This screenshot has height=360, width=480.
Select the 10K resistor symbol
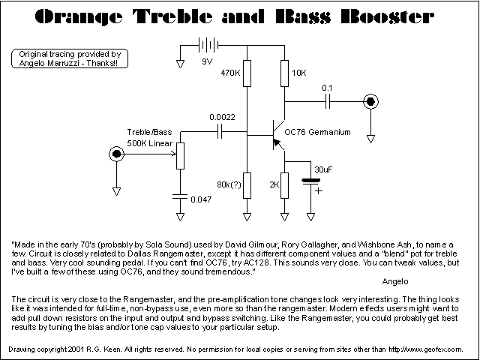(284, 73)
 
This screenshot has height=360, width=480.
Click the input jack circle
(116, 154)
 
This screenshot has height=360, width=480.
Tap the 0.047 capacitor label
(201, 200)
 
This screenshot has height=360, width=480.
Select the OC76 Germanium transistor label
(324, 133)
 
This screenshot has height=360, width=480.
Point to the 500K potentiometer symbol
(178, 155)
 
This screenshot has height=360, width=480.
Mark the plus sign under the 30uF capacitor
(318, 190)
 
